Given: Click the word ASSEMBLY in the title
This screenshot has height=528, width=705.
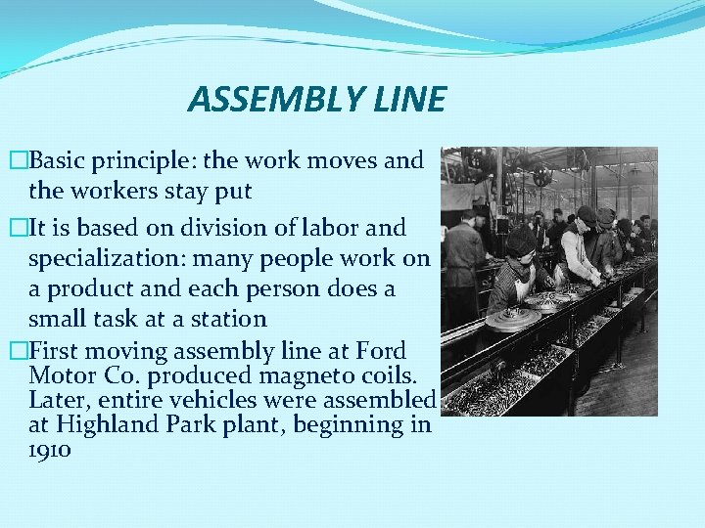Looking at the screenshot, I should tap(257, 99).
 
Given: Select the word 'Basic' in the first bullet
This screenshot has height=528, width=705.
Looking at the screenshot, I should tap(63, 159).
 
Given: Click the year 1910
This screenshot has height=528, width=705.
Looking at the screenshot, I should tap(50, 451).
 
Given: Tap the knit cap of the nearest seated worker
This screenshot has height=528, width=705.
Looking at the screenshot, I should tap(520, 240).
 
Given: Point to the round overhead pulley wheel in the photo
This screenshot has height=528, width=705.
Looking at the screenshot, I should tap(541, 177).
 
